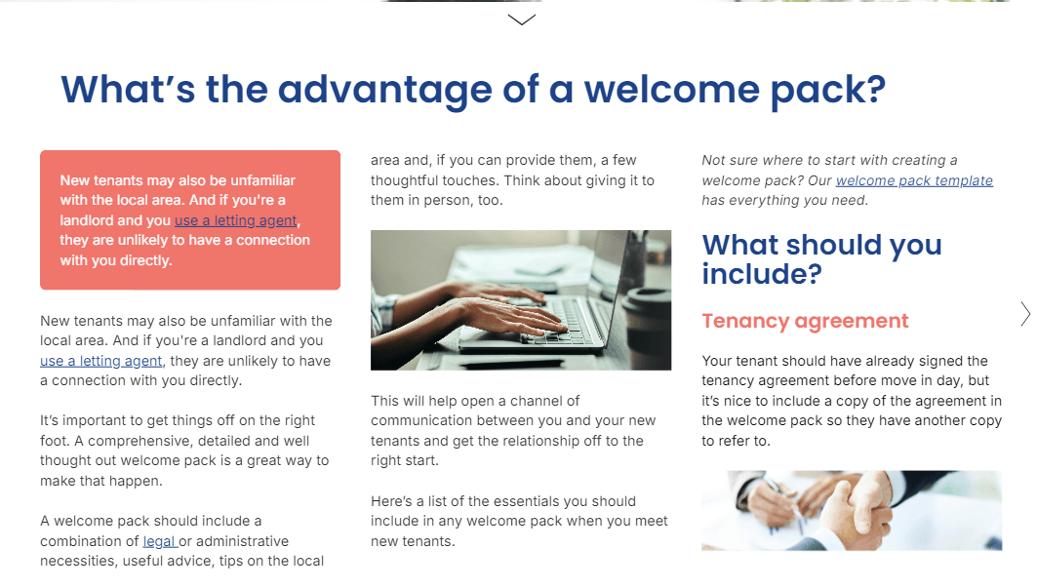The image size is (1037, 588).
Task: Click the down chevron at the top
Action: (521, 20)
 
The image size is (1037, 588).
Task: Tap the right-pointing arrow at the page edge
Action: (1025, 314)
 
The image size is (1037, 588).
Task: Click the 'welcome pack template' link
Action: (914, 180)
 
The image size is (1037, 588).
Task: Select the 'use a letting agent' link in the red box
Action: (235, 220)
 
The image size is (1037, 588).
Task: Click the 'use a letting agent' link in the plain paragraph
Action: (100, 361)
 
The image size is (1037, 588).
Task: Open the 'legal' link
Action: (160, 541)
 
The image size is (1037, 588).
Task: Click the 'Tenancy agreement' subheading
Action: (805, 321)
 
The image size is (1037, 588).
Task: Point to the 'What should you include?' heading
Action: (821, 259)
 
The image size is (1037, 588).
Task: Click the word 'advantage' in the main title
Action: (385, 90)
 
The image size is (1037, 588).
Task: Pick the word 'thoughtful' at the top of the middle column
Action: (403, 180)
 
